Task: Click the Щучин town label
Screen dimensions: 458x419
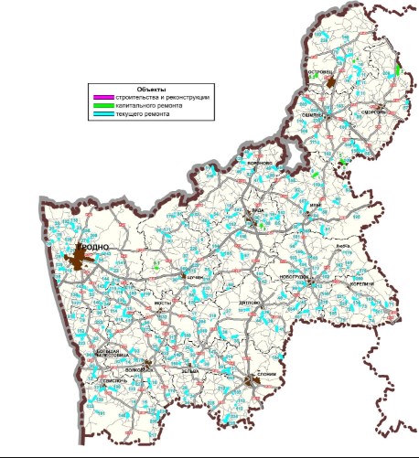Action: (193, 277)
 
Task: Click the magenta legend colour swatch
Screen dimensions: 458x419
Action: (99, 96)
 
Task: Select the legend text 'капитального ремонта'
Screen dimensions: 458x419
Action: (148, 105)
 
